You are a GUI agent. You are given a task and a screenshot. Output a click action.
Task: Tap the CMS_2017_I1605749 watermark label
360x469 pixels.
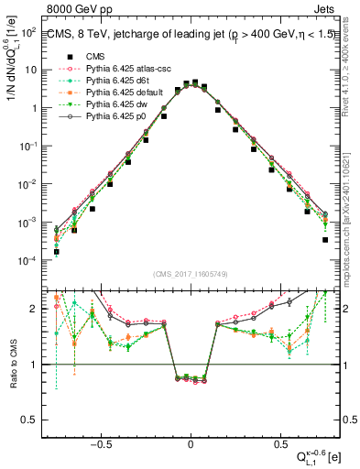[191, 273]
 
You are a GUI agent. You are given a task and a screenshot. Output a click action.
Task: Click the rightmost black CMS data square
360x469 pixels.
[325, 240]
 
